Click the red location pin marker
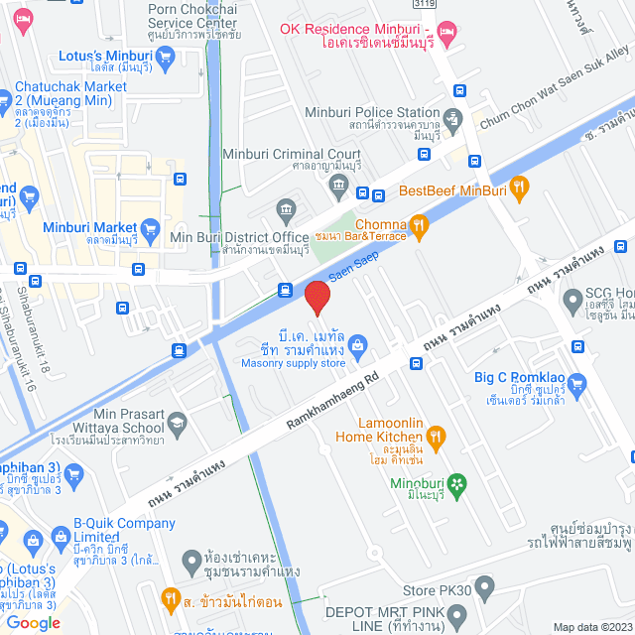pyautogui.click(x=317, y=298)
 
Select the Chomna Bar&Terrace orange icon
pyautogui.click(x=421, y=227)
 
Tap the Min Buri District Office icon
pyautogui.click(x=287, y=209)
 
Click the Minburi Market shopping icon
pyautogui.click(x=151, y=228)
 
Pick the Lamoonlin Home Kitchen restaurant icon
pyautogui.click(x=435, y=435)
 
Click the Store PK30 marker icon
pyautogui.click(x=485, y=585)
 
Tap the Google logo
pyautogui.click(x=33, y=622)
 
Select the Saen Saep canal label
pyautogui.click(x=354, y=268)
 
